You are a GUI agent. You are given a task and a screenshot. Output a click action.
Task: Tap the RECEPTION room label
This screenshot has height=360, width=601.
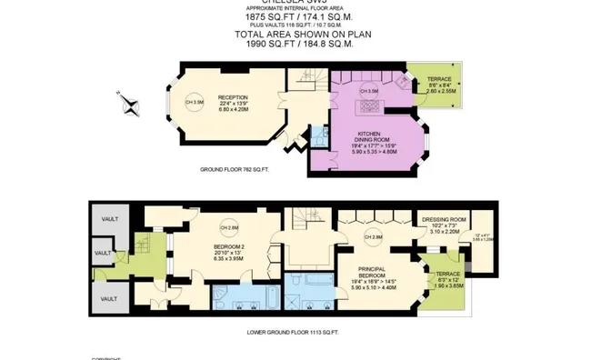[234, 97]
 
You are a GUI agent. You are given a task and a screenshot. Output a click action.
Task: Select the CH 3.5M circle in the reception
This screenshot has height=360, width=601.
[195, 101]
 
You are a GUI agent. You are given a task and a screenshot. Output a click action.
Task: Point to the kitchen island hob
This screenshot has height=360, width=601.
[370, 105]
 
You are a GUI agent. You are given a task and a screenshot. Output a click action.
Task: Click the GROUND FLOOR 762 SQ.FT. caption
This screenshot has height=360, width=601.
[235, 169]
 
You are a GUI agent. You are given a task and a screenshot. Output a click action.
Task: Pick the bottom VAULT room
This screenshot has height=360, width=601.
[108, 298]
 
